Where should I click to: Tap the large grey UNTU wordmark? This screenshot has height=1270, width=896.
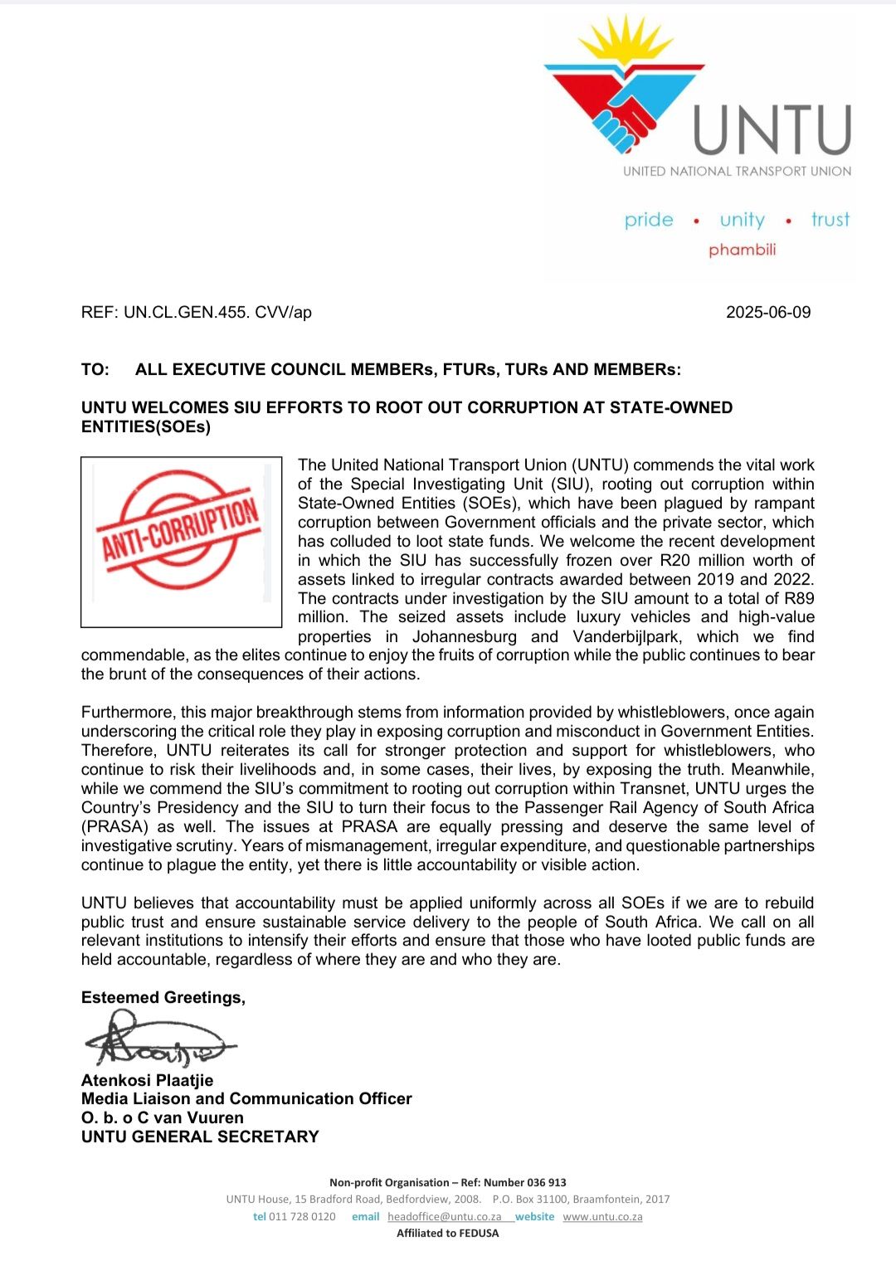click(x=772, y=130)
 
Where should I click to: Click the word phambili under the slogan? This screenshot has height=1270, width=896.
click(x=742, y=250)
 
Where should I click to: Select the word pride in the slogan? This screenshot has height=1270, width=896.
click(x=649, y=220)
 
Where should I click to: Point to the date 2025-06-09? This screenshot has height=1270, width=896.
click(x=768, y=313)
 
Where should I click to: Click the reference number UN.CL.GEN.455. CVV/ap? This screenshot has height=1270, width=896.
click(x=217, y=313)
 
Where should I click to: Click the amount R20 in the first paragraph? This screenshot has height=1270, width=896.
click(x=674, y=561)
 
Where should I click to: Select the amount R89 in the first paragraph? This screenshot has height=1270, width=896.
click(x=799, y=599)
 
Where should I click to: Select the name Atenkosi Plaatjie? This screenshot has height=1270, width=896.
click(x=147, y=1080)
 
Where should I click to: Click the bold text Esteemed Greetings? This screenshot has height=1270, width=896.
click(x=163, y=998)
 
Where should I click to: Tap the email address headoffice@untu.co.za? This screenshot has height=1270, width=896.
click(x=444, y=1217)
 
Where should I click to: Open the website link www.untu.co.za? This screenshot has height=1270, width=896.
click(x=602, y=1217)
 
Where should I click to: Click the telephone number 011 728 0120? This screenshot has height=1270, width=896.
click(x=302, y=1217)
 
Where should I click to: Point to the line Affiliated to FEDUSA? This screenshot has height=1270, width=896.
click(x=448, y=1234)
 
